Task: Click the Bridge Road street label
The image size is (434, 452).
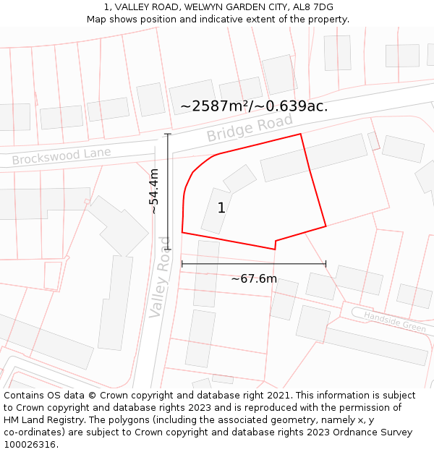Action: pyautogui.click(x=250, y=129)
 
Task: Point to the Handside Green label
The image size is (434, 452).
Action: pyautogui.click(x=394, y=322)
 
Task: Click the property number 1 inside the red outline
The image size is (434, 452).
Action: pyautogui.click(x=221, y=208)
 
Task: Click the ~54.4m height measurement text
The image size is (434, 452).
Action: pyautogui.click(x=154, y=191)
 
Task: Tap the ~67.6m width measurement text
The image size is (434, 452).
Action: pyautogui.click(x=254, y=278)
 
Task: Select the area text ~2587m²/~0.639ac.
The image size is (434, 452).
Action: pyautogui.click(x=254, y=106)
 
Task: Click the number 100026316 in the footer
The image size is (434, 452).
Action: pyautogui.click(x=30, y=445)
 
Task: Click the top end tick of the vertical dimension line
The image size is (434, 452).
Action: pyautogui.click(x=168, y=134)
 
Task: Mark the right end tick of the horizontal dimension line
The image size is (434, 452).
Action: pyautogui.click(x=325, y=264)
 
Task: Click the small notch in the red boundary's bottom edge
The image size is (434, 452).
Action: pyautogui.click(x=276, y=244)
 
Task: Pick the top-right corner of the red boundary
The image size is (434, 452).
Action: pyautogui.click(x=300, y=134)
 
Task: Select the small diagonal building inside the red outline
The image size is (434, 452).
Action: pyautogui.click(x=240, y=179)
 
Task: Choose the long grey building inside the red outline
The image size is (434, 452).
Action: pyautogui.click(x=314, y=157)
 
